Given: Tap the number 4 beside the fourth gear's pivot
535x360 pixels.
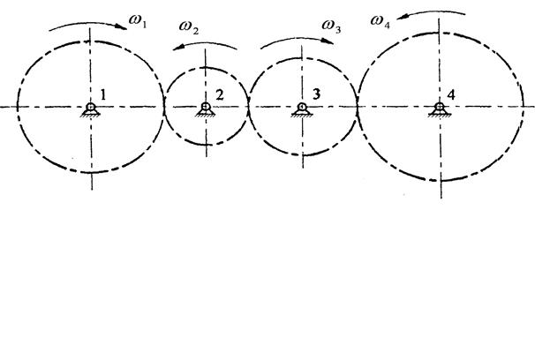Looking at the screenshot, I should pos(451,94).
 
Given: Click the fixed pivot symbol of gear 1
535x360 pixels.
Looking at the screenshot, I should pos(91,109).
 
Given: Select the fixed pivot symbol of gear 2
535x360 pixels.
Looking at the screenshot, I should pos(205,109).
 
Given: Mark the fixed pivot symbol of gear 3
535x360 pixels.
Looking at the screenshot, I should pos(303,109).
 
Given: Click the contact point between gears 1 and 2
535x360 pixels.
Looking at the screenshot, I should pos(165,106).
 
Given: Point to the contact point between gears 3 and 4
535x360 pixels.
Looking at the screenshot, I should pos(357,106).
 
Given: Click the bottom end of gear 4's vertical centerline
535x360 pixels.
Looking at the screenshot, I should pos(441,196).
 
